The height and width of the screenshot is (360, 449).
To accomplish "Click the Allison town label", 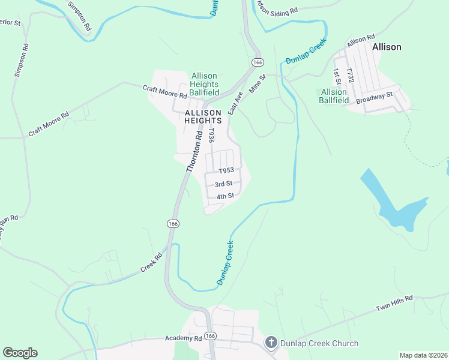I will click(x=387, y=46).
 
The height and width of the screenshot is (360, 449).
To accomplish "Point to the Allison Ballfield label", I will click(x=334, y=96).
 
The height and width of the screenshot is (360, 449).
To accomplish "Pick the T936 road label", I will click(x=211, y=134).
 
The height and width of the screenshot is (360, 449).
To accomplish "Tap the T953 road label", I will click(x=226, y=171).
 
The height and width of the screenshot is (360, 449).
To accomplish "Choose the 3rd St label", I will click(x=223, y=184).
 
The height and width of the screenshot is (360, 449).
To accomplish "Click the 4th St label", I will click(x=225, y=196).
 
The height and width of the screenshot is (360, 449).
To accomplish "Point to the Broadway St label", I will click(x=373, y=98).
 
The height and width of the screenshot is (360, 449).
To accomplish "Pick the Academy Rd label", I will click(x=184, y=338).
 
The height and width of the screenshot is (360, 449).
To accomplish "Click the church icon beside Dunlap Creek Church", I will click(x=270, y=343).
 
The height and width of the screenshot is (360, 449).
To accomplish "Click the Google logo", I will click(x=20, y=352).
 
